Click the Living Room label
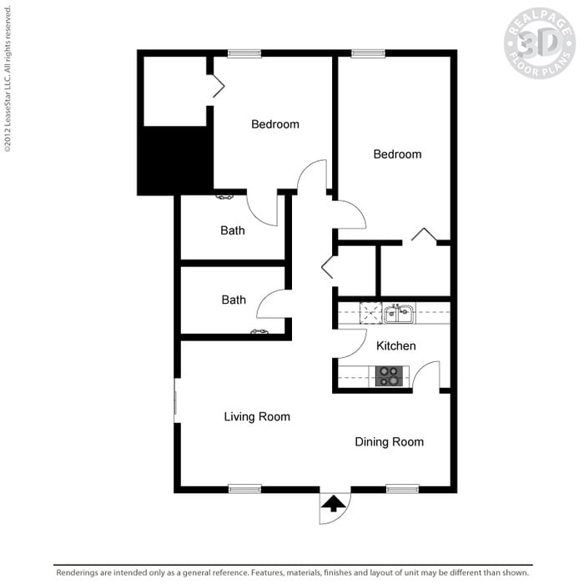click(257, 416)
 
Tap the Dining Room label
click(390, 441)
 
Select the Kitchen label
click(396, 345)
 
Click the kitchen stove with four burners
click(389, 376)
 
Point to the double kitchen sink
click(399, 314)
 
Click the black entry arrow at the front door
click(334, 503)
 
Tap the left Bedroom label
click(275, 124)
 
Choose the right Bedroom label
click(397, 154)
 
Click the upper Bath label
click(233, 230)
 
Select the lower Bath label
click(234, 300)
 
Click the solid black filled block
click(175, 160)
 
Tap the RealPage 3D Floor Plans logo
click(540, 43)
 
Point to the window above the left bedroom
click(244, 53)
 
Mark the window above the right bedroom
click(369, 53)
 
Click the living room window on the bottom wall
click(244, 489)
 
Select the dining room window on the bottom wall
click(403, 489)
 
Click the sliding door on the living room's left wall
click(175, 400)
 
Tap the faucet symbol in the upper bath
click(224, 197)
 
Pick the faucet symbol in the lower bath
click(259, 331)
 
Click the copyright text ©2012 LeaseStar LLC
click(8, 79)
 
